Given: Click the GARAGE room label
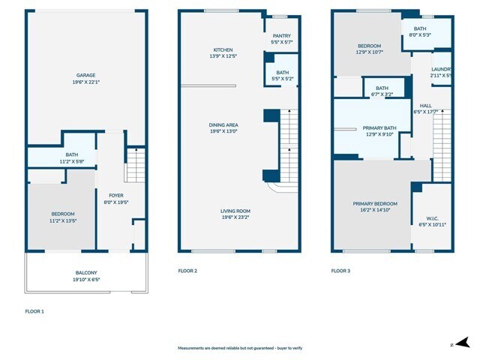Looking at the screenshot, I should [85, 75].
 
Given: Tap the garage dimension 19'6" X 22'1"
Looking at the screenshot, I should [85, 82].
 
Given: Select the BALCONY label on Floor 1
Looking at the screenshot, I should [85, 273].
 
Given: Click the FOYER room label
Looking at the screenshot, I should [115, 194].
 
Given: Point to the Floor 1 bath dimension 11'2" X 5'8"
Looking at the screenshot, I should [61, 161].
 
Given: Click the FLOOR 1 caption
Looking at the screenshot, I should [34, 310].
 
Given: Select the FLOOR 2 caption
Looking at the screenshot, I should [187, 271].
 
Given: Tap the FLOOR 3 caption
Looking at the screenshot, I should [341, 271].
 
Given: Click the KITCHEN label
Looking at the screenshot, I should [223, 49].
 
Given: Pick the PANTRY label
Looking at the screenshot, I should [281, 35].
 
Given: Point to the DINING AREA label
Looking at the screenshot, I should [223, 124].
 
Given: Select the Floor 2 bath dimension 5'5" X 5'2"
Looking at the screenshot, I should [281, 79].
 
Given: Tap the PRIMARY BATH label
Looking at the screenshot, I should [379, 128].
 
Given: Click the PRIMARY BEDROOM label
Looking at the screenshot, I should [376, 203].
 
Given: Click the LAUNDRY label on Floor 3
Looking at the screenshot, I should [441, 69].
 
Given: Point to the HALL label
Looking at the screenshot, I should [424, 106].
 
